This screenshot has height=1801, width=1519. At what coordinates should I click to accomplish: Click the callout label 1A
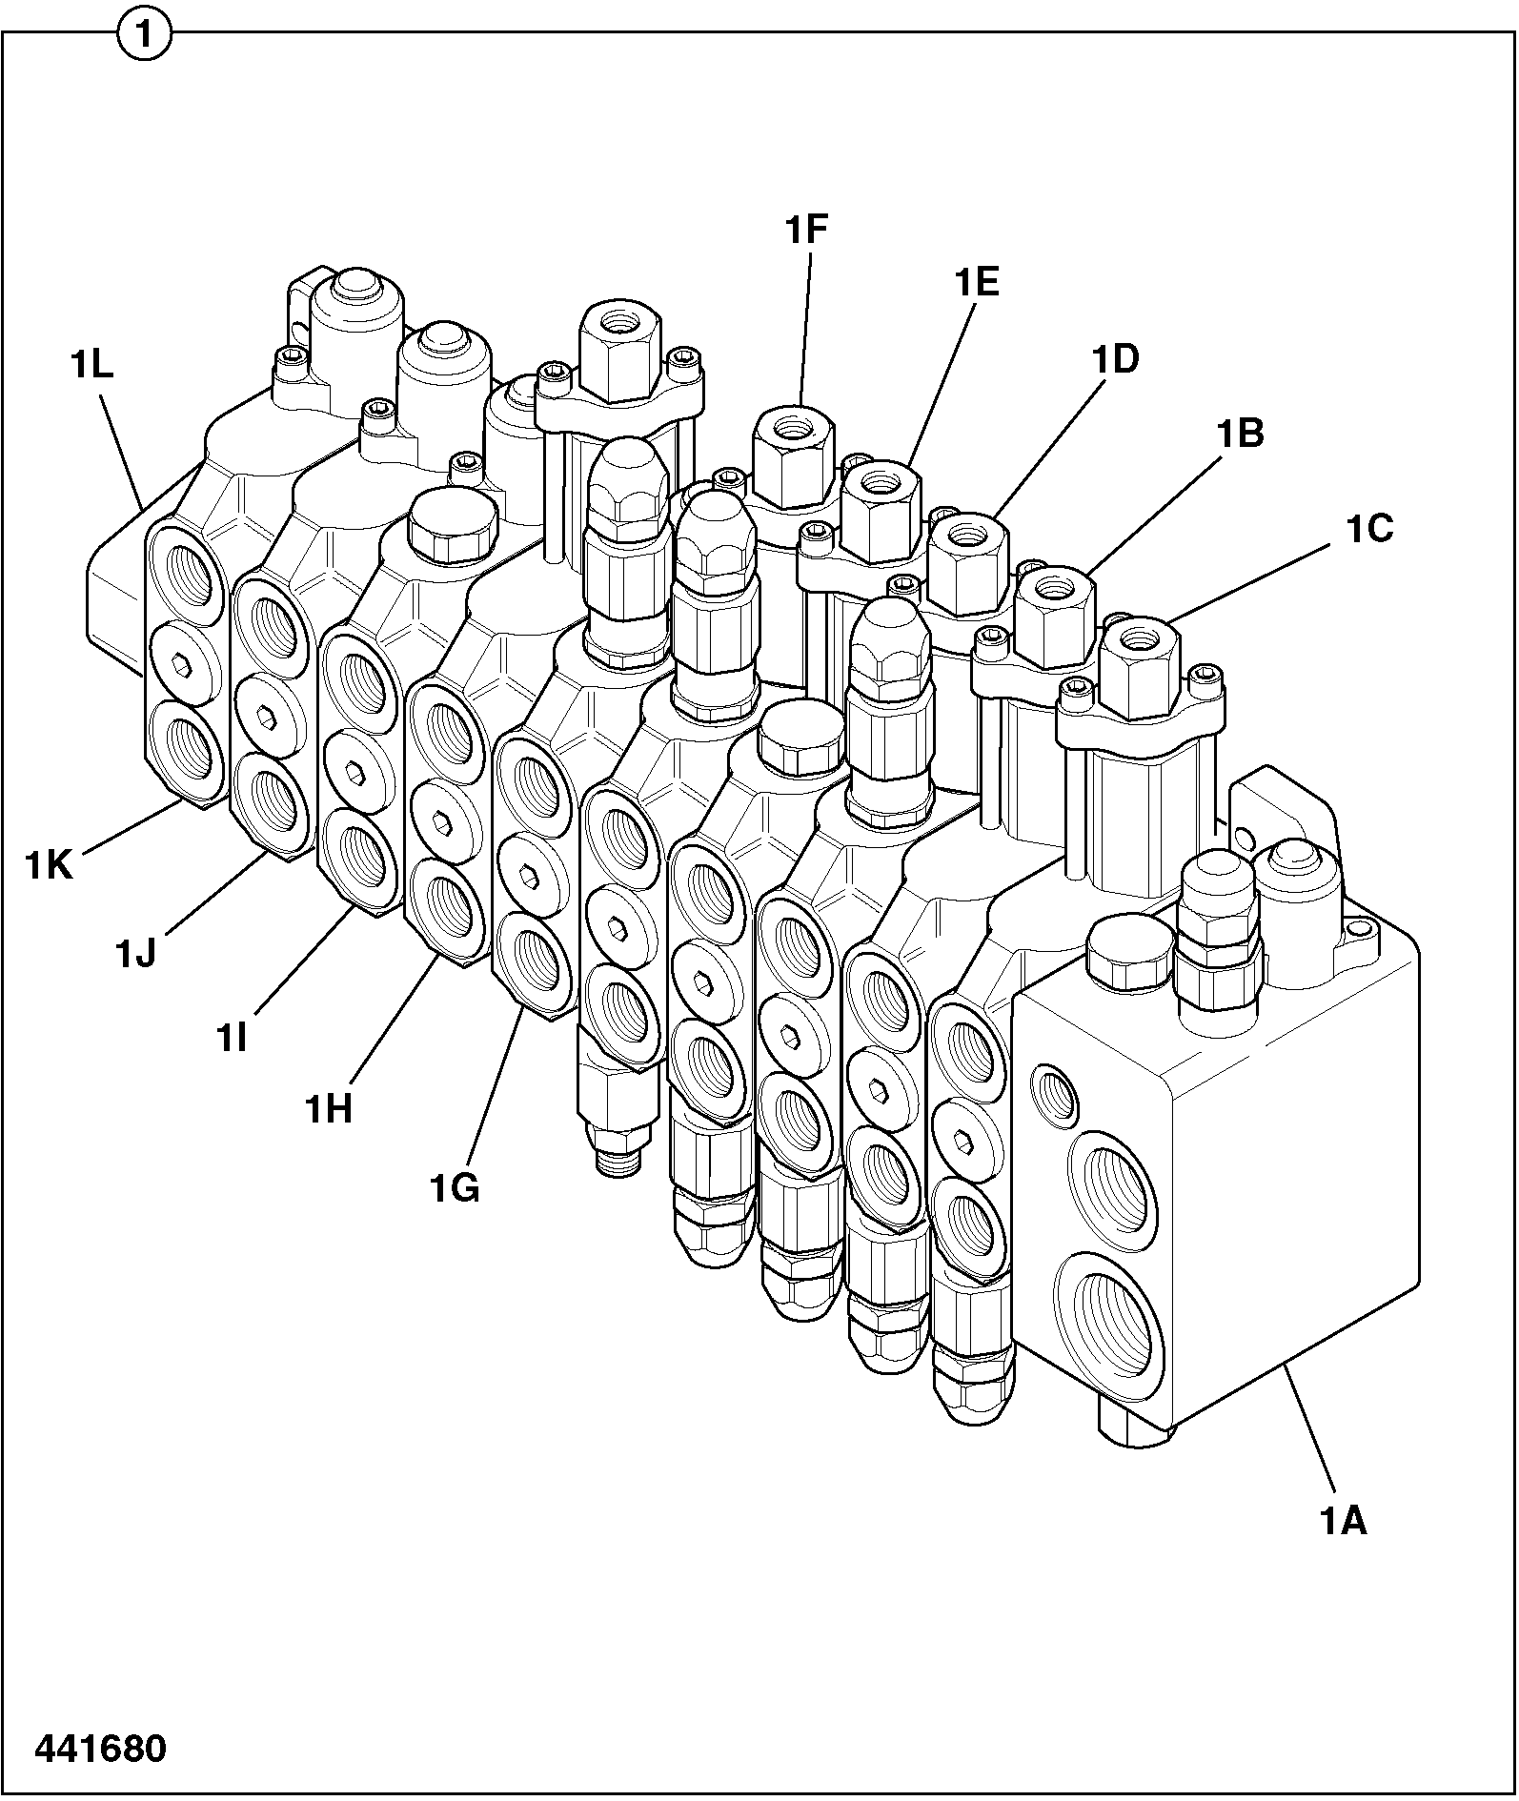[x=1343, y=1522]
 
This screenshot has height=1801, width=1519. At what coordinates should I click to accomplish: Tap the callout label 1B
[x=1239, y=434]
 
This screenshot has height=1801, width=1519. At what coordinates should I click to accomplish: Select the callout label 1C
[x=1369, y=529]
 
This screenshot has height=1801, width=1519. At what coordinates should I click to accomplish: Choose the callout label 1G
[x=454, y=1188]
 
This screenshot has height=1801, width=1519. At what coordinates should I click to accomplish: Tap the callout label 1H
[x=329, y=1109]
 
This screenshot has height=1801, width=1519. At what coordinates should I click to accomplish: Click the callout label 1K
[x=49, y=865]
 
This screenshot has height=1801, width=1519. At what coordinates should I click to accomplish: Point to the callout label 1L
[x=91, y=366]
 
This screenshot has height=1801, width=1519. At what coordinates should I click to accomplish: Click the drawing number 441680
[x=100, y=1749]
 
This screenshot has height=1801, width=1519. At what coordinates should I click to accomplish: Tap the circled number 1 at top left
[x=144, y=36]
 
